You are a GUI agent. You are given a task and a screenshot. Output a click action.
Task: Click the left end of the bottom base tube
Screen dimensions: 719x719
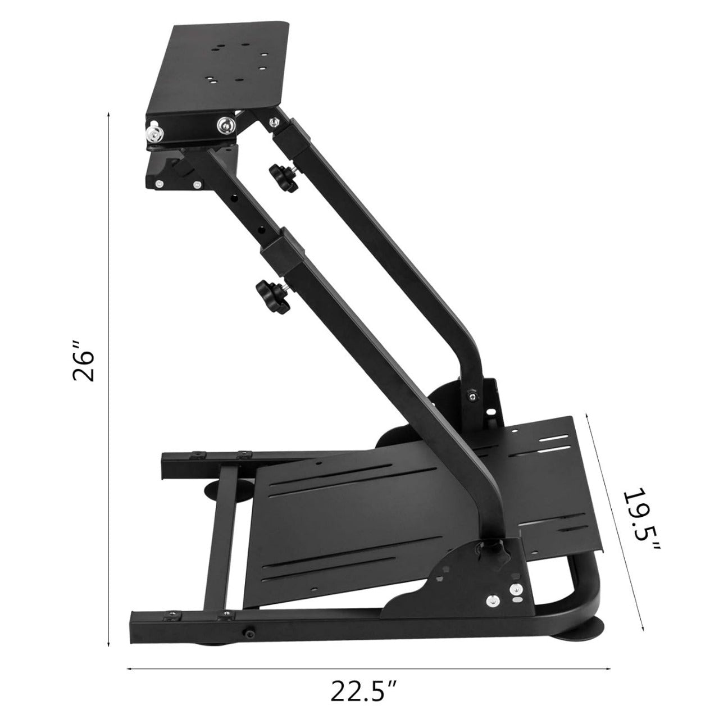coord(135,626)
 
